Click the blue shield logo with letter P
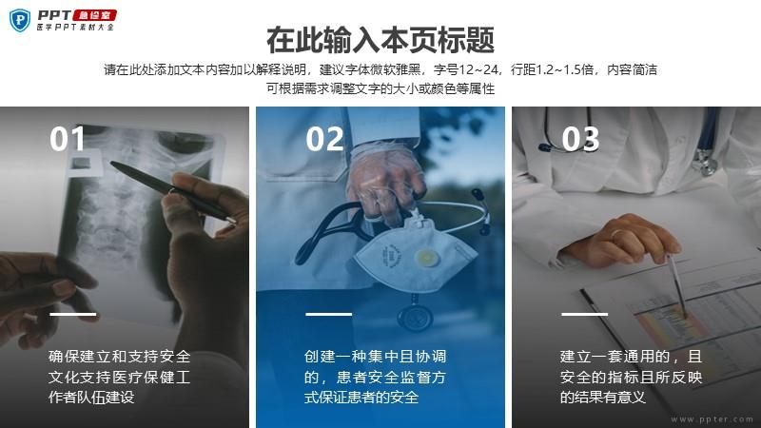click(x=20, y=20)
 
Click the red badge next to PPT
click(x=95, y=15)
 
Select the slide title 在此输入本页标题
click(x=380, y=40)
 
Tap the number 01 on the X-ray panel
click(x=68, y=139)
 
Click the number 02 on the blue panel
click(x=324, y=139)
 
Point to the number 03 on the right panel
click(x=580, y=139)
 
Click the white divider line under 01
click(x=73, y=314)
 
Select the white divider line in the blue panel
click(x=328, y=314)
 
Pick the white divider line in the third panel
click(x=584, y=314)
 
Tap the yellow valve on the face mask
click(x=426, y=258)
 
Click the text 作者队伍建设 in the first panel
click(x=91, y=398)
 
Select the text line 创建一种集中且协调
click(x=375, y=357)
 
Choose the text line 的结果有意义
click(x=603, y=398)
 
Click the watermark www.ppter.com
click(x=712, y=419)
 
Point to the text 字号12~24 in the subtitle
click(x=466, y=69)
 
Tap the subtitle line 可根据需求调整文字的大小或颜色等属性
click(x=380, y=88)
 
